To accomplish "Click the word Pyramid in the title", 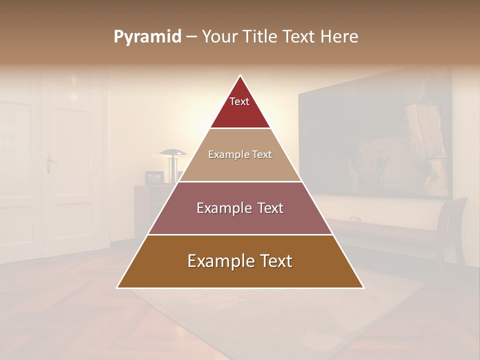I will point(147,37).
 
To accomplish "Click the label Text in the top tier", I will point(239,101).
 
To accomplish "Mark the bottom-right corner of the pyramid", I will point(363,287).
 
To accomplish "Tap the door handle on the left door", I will point(49,162).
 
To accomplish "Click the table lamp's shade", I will point(172,152).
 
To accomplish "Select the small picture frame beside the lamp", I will point(154,177).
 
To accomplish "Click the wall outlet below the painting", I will point(354,219).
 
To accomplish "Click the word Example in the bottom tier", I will point(216,261).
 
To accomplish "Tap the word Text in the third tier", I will point(269,208).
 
